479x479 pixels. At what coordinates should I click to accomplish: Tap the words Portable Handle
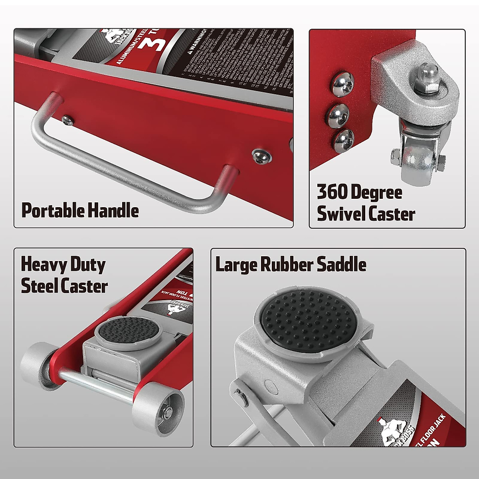(80, 210)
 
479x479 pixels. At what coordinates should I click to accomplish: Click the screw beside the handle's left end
(68, 120)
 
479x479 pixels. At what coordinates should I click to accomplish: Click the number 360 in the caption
(332, 192)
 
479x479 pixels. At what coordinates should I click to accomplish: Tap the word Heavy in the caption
(43, 264)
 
